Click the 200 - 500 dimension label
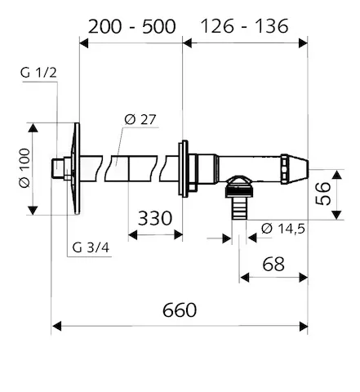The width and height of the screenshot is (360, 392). (x=131, y=25)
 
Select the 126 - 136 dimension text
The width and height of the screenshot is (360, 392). (x=246, y=25)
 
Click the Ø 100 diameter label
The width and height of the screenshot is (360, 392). (x=23, y=169)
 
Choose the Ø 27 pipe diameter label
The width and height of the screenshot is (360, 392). (x=140, y=120)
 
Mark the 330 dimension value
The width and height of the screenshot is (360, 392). (x=155, y=218)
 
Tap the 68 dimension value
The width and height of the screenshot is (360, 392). (x=273, y=264)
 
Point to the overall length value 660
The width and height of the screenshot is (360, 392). (x=180, y=310)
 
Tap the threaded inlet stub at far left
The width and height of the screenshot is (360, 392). (x=58, y=169)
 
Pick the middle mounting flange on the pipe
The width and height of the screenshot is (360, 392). (x=185, y=169)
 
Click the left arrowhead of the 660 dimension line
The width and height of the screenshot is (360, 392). (x=56, y=327)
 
